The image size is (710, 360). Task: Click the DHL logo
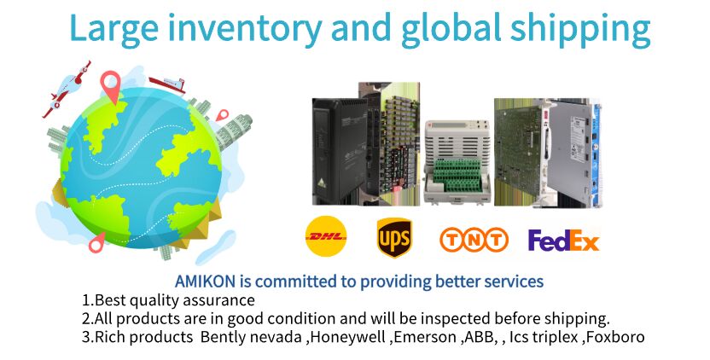tap(326, 236)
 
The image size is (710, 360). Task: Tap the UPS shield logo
tap(394, 237)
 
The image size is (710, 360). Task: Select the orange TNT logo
tap(474, 240)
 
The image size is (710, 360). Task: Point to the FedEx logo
tap(563, 241)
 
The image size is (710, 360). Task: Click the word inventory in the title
tap(247, 28)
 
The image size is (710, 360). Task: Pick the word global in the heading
tap(451, 28)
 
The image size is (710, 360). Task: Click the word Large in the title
tap(114, 28)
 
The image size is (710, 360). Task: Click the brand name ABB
tap(475, 337)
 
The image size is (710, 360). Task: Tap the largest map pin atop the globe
tap(110, 86)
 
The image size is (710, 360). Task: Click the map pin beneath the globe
tap(96, 242)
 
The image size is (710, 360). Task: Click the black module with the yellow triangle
tap(339, 150)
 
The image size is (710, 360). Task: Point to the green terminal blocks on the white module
tap(457, 175)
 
